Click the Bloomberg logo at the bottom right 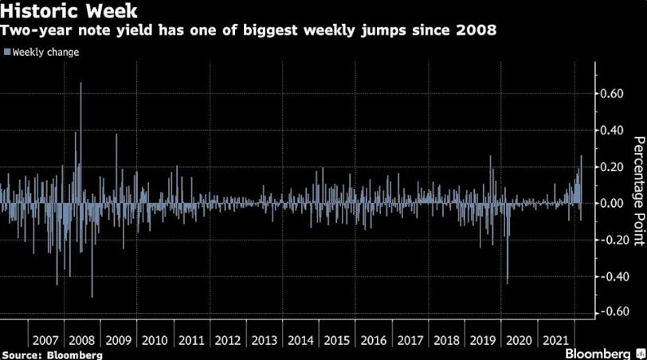(x=603, y=353)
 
